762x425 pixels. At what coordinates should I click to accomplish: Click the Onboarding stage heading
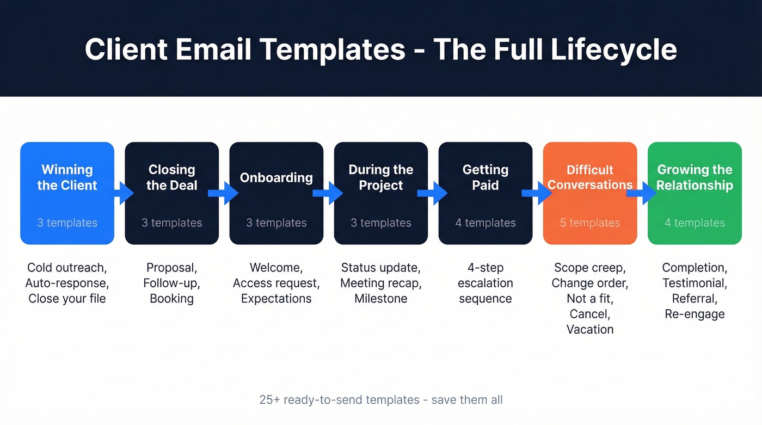click(276, 177)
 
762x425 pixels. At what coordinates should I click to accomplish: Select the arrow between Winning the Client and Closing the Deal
click(124, 193)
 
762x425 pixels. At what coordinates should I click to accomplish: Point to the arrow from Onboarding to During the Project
click(328, 193)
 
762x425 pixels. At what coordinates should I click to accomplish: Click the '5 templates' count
click(590, 223)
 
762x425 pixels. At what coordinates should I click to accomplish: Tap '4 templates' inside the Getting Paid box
click(486, 223)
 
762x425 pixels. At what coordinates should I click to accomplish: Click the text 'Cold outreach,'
click(67, 268)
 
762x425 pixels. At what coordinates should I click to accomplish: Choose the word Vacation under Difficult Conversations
click(590, 329)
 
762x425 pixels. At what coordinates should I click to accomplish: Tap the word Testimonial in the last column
click(695, 283)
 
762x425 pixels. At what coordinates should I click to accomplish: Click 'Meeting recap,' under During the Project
click(381, 283)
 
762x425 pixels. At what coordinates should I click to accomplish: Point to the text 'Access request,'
click(276, 283)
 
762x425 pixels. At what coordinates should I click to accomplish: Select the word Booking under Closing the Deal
click(171, 298)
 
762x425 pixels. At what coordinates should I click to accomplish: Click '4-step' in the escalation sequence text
click(486, 268)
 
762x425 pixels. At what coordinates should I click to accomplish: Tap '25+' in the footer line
click(269, 400)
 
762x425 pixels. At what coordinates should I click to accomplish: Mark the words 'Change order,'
click(590, 283)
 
